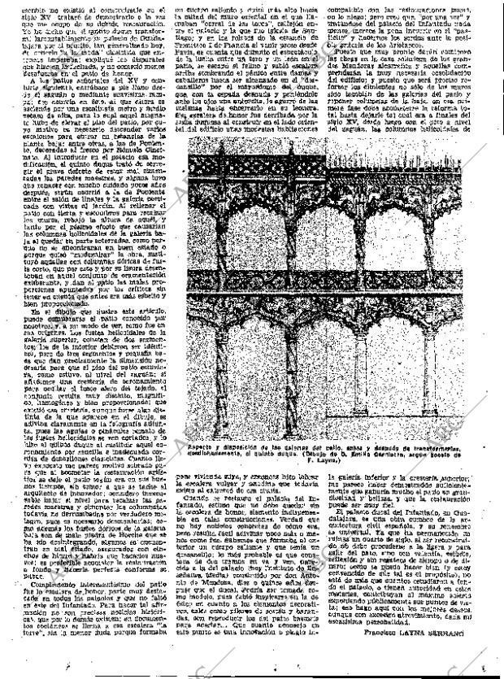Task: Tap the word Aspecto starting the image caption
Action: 202,447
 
